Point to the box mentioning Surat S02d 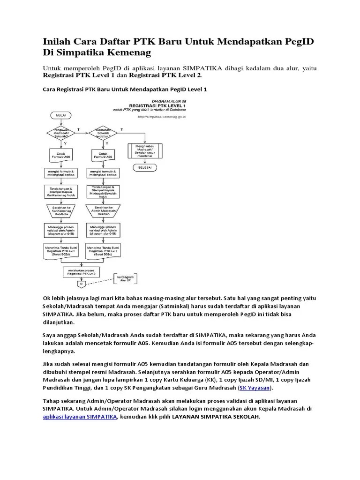60,250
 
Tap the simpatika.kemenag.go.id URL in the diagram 161,117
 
